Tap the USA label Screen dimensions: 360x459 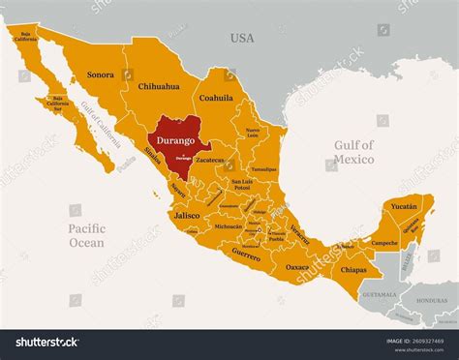pos(241,38)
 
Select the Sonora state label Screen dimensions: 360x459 pos(101,74)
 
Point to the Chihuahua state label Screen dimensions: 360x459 pos(159,86)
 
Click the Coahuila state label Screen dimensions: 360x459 pos(216,98)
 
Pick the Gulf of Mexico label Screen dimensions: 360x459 pos(354,152)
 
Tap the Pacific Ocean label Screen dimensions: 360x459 pos(87,235)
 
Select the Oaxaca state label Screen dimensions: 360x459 pos(297,266)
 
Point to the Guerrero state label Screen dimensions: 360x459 pos(246,255)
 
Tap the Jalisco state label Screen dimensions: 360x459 pos(186,219)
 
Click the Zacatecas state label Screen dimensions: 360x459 pos(209,160)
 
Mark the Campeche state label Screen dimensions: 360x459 pos(384,242)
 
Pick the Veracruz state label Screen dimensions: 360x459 pos(301,233)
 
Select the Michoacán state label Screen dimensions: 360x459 pos(229,226)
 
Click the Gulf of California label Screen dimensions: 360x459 pos(101,124)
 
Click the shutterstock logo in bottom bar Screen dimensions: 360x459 pos(43,342)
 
